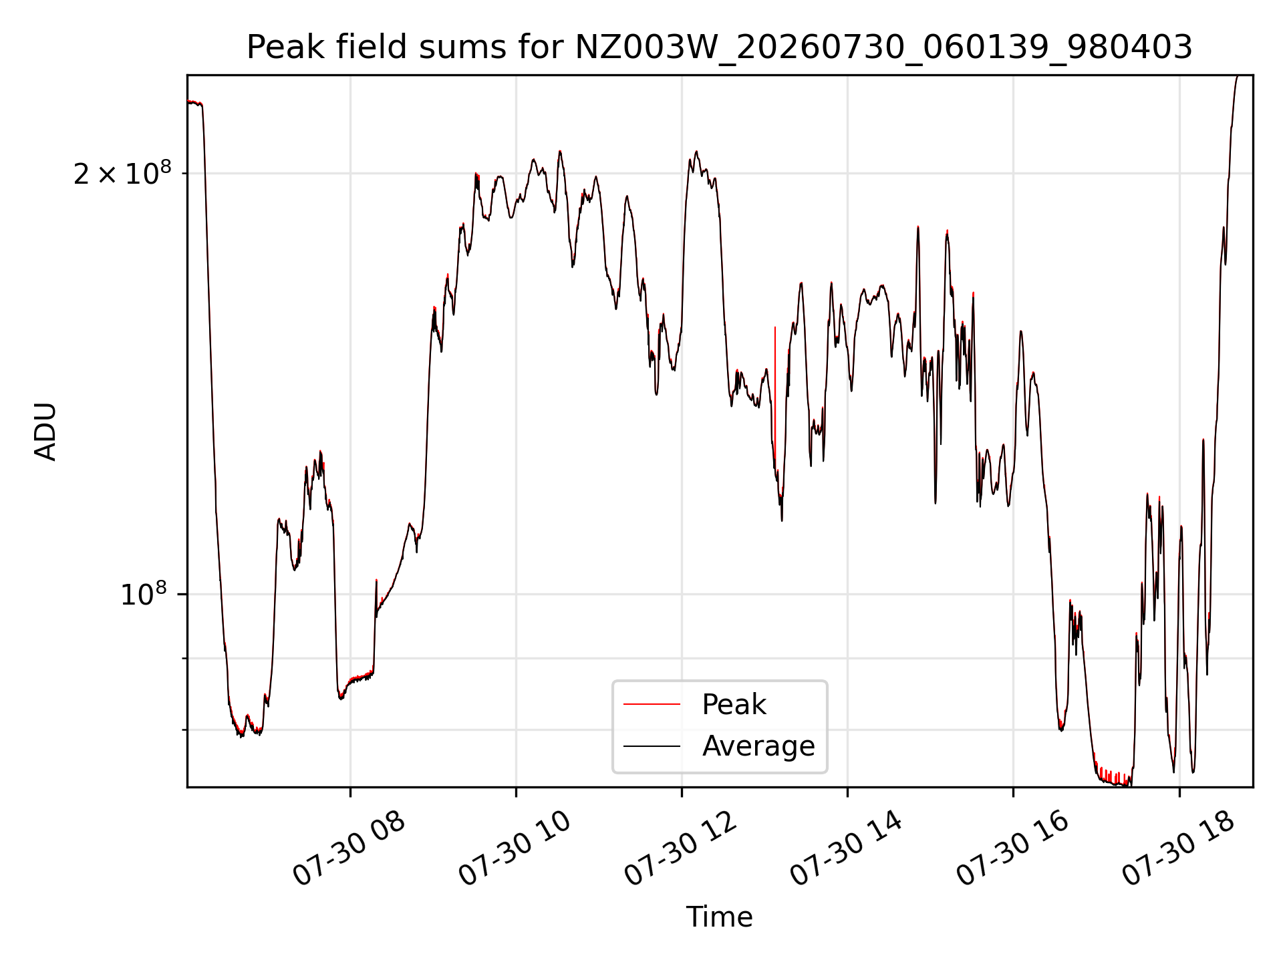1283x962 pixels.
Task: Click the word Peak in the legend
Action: point(734,705)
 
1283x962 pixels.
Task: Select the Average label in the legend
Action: point(758,746)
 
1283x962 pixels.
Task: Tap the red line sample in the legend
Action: point(652,704)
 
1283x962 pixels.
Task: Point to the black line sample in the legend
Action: point(652,746)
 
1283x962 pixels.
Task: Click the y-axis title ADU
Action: point(46,432)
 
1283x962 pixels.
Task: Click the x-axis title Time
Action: point(719,917)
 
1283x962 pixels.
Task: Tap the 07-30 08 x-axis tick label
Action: point(349,849)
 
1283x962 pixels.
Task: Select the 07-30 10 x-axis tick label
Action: point(515,849)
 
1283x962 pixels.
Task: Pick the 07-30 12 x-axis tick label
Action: point(681,849)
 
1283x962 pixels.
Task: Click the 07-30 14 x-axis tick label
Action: point(847,849)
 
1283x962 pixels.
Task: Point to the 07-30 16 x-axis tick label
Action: point(1013,849)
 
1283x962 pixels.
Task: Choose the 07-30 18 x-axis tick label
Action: point(1179,849)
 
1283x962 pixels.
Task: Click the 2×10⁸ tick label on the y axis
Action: point(122,174)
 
